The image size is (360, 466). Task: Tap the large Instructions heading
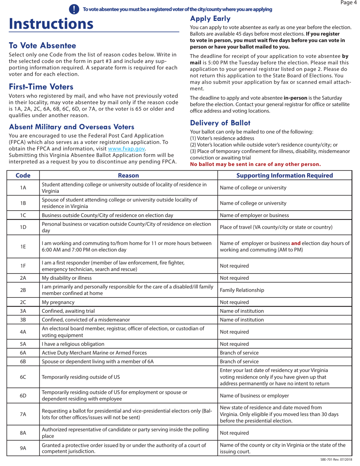(51, 24)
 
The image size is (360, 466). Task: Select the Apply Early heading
(210, 19)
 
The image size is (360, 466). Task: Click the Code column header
(23, 175)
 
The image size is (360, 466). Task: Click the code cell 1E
(23, 246)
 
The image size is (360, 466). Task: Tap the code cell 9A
(23, 448)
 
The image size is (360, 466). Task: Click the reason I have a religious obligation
(73, 344)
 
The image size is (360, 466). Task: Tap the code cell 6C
(23, 377)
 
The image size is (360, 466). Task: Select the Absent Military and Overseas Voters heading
(71, 127)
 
